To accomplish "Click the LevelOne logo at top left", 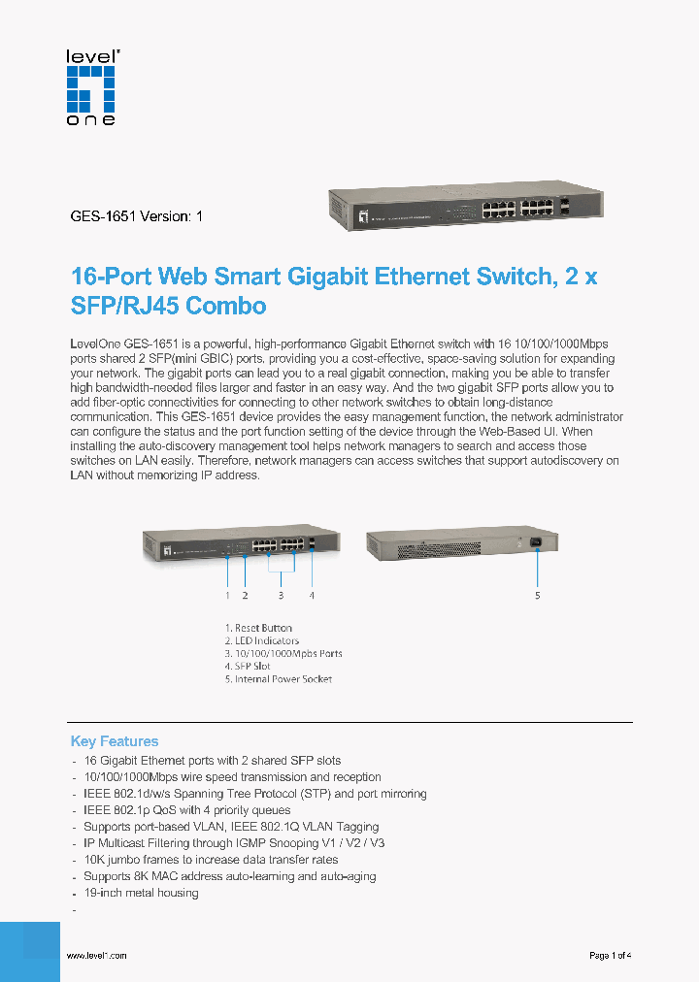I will [90, 87].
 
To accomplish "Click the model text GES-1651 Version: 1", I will [137, 216].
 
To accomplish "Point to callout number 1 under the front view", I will [227, 595].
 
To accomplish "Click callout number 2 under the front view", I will [245, 595].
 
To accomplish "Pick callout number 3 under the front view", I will [282, 595].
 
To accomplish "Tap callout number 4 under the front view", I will [312, 595].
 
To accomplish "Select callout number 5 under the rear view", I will [537, 595].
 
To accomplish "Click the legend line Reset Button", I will [258, 628].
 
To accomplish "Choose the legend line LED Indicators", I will [262, 640].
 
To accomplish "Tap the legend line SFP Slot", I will [248, 667].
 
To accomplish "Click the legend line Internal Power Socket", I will [279, 679].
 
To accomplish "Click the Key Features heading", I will [115, 741].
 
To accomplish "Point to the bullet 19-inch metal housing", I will [141, 893].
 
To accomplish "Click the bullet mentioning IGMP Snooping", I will [234, 843].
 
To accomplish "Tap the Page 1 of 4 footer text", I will [611, 956].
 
